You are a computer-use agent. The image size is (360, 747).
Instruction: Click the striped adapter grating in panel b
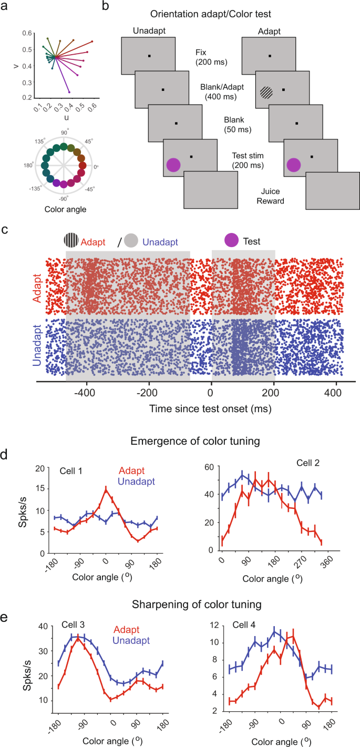tap(266, 93)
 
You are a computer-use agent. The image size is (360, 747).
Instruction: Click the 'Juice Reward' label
tap(270, 196)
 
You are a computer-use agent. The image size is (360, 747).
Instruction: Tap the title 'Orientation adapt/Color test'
tap(210, 14)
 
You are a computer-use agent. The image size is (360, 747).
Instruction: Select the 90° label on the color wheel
tap(65, 132)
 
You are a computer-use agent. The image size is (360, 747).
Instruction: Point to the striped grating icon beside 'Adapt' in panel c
tap(71, 240)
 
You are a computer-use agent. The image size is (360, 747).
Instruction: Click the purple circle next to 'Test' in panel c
tap(231, 240)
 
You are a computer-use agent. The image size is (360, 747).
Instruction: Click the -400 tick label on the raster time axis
tap(85, 393)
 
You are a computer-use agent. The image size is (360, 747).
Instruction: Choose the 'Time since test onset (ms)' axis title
tap(210, 409)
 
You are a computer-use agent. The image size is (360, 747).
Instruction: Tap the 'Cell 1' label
tap(70, 471)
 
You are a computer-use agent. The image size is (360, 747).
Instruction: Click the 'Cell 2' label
tap(308, 463)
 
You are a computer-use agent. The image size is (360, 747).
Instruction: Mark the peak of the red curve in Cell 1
tap(106, 489)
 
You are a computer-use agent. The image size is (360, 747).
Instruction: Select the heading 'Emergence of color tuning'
tap(195, 441)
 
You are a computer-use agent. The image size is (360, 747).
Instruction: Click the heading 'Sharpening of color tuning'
tap(197, 604)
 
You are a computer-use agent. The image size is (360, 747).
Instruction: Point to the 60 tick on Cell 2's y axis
tap(209, 467)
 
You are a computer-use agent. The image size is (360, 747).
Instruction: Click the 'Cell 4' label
tap(244, 625)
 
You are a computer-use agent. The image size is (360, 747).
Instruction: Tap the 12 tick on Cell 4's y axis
tap(214, 625)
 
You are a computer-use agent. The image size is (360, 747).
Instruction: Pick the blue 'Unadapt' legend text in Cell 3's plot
tap(131, 640)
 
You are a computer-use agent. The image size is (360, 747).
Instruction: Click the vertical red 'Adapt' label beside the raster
tap(37, 289)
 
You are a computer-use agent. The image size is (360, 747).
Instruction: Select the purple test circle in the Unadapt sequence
tap(173, 166)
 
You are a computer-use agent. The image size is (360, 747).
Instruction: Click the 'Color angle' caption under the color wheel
tap(65, 209)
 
